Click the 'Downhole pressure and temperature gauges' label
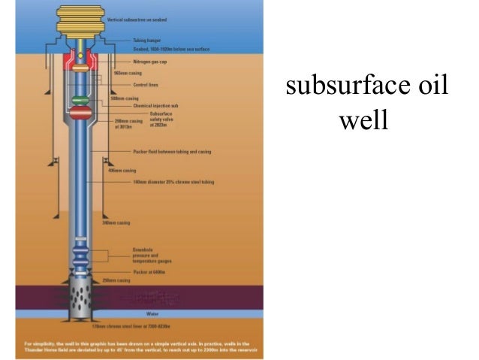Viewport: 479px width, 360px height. coord(131,256)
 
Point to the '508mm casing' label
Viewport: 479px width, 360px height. coord(125,98)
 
